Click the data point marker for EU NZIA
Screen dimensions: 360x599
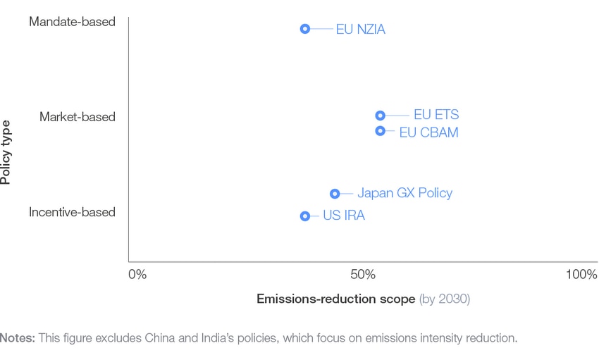(x=304, y=29)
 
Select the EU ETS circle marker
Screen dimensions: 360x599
(x=380, y=116)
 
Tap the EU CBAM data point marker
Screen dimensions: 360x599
(x=380, y=131)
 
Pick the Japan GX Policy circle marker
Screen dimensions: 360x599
(x=335, y=194)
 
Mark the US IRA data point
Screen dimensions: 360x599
(x=304, y=216)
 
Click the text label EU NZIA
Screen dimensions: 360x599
(x=360, y=30)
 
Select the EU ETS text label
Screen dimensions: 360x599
(x=436, y=116)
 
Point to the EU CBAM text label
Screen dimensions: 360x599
(x=428, y=132)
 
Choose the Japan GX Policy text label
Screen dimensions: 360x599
(x=405, y=193)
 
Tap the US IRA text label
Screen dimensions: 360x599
(x=343, y=216)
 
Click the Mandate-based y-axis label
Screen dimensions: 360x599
(x=72, y=22)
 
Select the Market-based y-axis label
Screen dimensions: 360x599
(x=77, y=117)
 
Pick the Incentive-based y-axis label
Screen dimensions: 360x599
(x=72, y=212)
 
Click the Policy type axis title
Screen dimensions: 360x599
(x=6, y=152)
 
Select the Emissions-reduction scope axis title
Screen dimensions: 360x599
(x=335, y=299)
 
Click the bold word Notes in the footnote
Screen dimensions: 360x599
(x=18, y=338)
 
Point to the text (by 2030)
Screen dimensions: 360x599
(x=444, y=299)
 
